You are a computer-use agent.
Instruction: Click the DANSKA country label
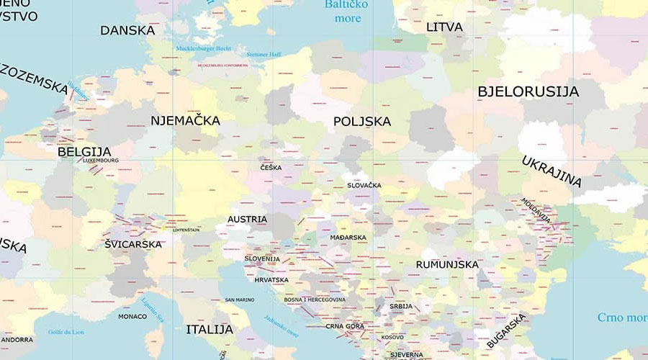click(127, 30)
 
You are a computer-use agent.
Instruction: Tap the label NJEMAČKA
click(185, 120)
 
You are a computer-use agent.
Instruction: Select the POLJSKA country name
click(362, 122)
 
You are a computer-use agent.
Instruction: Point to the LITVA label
click(444, 27)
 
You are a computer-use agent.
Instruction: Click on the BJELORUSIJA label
click(528, 92)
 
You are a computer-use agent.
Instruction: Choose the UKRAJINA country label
click(551, 171)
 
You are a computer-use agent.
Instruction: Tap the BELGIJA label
click(84, 152)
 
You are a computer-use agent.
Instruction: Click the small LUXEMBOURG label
click(101, 161)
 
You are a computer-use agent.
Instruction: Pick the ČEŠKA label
click(271, 168)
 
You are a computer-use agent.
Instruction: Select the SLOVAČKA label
click(364, 186)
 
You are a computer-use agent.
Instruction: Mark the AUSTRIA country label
click(247, 220)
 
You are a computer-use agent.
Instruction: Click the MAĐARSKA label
click(348, 238)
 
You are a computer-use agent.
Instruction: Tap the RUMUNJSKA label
click(447, 264)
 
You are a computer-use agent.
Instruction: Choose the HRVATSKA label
click(271, 280)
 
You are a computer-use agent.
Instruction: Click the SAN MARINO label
click(239, 300)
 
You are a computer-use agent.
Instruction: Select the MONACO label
click(132, 316)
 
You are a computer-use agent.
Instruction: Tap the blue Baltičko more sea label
click(346, 12)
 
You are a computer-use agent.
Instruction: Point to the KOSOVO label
click(392, 337)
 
